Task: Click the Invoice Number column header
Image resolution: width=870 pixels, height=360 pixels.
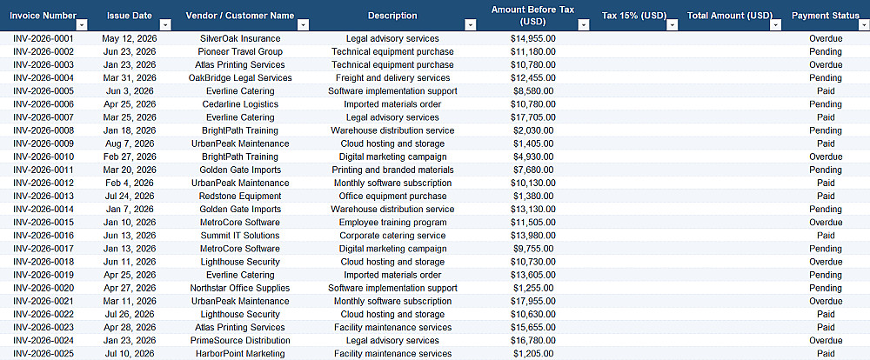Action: [x=43, y=16]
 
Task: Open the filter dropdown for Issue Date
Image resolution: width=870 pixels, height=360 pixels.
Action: [x=165, y=25]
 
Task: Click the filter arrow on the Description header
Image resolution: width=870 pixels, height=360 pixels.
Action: [x=471, y=25]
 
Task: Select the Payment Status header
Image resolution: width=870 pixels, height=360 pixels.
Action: [x=825, y=16]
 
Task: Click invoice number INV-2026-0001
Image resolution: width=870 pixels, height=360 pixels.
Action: [x=43, y=39]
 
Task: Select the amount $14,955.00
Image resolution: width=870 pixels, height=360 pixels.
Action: [x=533, y=39]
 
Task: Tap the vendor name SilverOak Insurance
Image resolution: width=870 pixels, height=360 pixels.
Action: [x=240, y=39]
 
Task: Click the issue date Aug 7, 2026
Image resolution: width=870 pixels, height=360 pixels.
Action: [x=130, y=143]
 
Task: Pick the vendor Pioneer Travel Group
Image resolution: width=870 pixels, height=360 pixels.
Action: [x=240, y=51]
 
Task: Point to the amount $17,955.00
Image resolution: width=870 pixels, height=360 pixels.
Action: [x=533, y=301]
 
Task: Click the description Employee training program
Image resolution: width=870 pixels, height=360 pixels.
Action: [x=393, y=223]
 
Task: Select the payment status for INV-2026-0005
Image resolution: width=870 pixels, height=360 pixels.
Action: [x=826, y=91]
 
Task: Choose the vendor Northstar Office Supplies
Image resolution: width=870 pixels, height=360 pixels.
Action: [x=240, y=288]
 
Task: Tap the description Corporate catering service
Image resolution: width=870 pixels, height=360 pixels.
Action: [x=393, y=236]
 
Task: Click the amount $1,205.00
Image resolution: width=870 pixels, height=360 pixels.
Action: [x=533, y=353]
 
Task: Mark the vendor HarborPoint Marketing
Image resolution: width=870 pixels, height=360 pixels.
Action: [x=240, y=353]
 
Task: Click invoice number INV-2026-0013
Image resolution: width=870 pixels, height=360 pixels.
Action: [x=43, y=196]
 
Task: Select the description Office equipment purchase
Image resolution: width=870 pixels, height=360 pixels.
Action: [x=393, y=196]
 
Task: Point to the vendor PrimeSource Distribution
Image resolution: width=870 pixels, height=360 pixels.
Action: [x=240, y=340]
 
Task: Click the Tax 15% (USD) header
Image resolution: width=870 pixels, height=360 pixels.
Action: [x=634, y=16]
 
